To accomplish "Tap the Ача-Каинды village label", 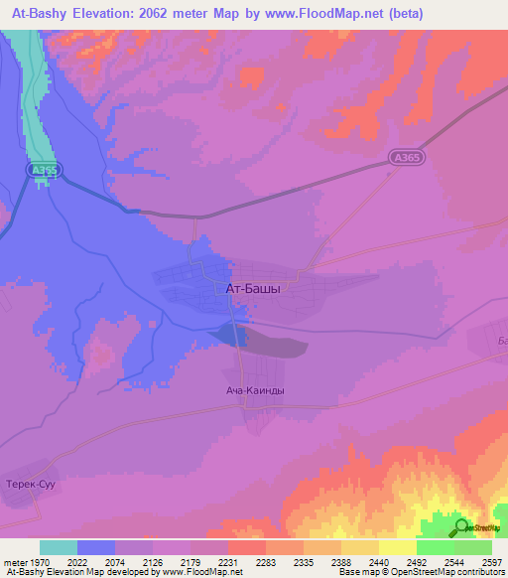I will click(255, 390).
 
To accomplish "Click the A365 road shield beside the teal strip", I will click(45, 171).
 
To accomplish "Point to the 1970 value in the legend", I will click(40, 562).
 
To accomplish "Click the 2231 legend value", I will click(228, 562).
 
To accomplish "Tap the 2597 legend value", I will click(492, 562).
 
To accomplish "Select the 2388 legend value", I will click(341, 562).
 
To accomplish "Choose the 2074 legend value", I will click(115, 562).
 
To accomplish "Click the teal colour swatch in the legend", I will click(59, 547).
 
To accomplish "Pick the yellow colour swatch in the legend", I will click(398, 547).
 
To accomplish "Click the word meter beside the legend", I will click(13, 562).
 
